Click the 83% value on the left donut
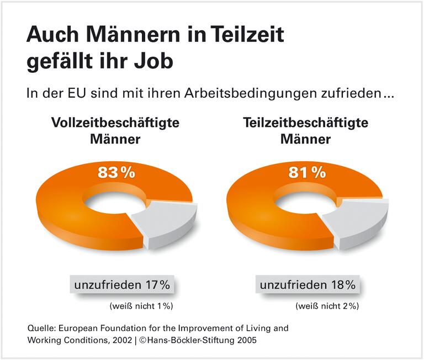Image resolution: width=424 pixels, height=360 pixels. tap(116, 172)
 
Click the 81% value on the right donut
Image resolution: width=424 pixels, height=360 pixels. tap(306, 172)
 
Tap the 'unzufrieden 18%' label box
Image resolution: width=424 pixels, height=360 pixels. tap(308, 285)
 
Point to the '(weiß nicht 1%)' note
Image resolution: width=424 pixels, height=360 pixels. tap(143, 305)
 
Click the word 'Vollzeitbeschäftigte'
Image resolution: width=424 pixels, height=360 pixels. tap(115, 123)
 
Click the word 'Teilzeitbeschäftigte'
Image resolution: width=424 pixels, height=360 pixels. tap(305, 123)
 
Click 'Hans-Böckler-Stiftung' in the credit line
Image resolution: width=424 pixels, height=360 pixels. tap(187, 341)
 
